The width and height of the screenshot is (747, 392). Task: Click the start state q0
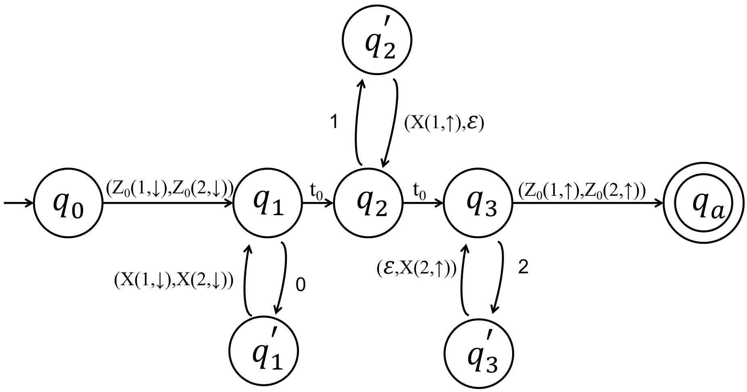pos(68,204)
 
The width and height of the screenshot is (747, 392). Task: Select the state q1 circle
pos(268,204)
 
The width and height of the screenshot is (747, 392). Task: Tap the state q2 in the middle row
pos(368,204)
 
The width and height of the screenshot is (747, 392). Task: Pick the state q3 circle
pos(478,204)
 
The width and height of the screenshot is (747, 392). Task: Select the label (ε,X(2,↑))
pos(416,268)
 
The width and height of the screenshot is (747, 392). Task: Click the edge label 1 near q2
pos(334,122)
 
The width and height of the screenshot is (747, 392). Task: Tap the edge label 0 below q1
pos(301,285)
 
